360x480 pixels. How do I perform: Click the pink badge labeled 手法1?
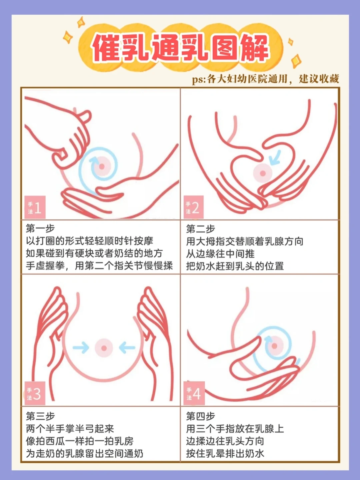pos(35,207)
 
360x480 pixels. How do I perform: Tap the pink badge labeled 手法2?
pos(194,207)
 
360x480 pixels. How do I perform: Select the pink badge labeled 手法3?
pos(35,393)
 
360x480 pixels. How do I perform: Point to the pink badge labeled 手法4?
pos(194,393)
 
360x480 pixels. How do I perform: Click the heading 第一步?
pos(40,228)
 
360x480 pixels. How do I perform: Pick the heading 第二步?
pos(201,229)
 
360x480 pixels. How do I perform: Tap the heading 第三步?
pos(40,416)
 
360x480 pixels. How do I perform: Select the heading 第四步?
pos(201,416)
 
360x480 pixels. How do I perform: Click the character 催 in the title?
pos(106,47)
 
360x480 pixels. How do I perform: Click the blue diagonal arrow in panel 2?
pos(275,157)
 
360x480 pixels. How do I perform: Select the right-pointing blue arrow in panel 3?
pos(81,348)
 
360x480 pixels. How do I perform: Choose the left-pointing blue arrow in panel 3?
pos(127,348)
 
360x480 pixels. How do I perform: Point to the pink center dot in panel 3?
pos(104,348)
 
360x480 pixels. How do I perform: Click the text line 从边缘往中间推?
pos(220,254)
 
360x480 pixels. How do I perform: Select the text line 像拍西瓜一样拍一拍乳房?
pos(80,441)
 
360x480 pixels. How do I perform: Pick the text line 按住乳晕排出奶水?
pos(225,453)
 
